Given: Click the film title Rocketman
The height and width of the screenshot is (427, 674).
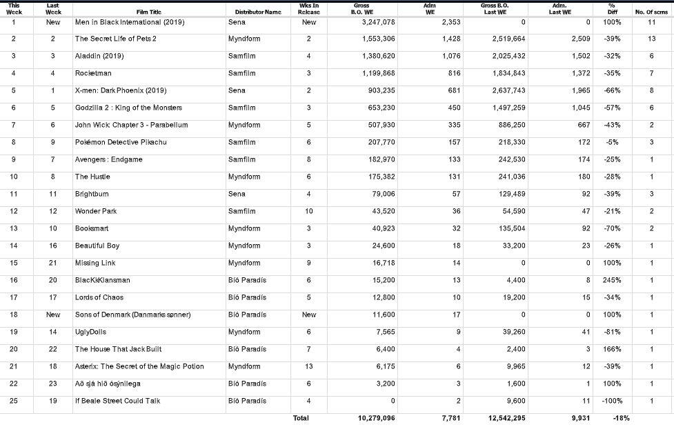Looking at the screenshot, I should click(x=93, y=73).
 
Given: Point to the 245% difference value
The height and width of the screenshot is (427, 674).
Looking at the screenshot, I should click(x=612, y=280).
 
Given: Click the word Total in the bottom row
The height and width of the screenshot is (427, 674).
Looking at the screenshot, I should click(x=301, y=418).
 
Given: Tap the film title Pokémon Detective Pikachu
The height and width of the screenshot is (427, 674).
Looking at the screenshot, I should click(x=121, y=142).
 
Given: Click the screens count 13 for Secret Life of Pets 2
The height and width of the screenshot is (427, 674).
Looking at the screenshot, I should click(x=651, y=39).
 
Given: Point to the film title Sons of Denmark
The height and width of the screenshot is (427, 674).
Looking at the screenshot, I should click(x=132, y=315).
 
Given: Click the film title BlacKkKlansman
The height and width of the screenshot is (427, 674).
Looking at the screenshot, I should click(x=102, y=280).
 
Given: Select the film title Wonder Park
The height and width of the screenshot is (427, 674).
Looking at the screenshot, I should click(x=96, y=211).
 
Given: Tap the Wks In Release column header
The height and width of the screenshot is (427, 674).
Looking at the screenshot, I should click(x=309, y=9).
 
